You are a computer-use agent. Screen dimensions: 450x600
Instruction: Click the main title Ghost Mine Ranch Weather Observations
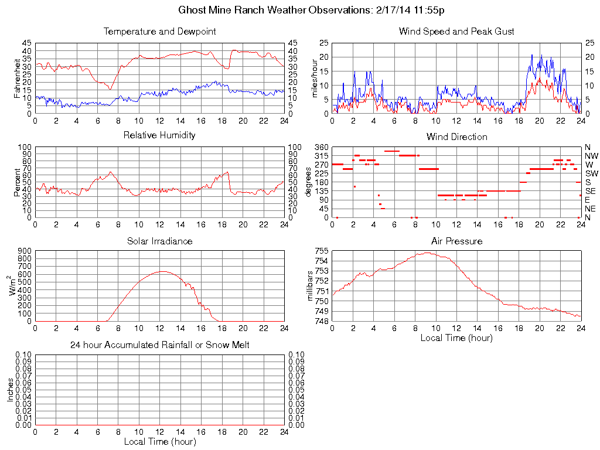(x=315, y=11)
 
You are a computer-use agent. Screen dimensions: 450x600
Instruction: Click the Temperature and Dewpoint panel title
(x=159, y=32)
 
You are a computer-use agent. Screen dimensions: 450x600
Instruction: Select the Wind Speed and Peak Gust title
(x=456, y=32)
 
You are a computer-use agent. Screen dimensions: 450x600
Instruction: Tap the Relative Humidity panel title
(x=159, y=136)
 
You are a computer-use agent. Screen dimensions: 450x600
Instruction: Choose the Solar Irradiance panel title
(x=159, y=241)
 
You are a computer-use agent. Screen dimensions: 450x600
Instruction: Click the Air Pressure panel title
(x=456, y=241)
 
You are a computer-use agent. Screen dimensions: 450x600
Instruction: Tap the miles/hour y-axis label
(x=315, y=78)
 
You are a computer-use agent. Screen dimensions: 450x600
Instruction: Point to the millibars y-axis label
(x=311, y=284)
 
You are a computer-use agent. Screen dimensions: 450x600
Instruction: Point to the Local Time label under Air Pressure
(x=456, y=337)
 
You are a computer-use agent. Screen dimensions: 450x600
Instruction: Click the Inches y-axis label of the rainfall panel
(x=11, y=390)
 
